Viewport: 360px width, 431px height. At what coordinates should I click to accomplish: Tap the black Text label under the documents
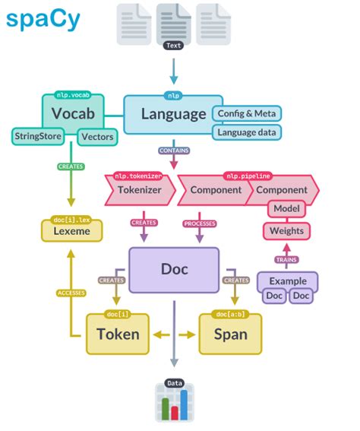[173, 46]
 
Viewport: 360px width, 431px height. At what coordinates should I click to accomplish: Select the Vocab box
[73, 113]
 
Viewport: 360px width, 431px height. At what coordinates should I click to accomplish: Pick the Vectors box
[97, 138]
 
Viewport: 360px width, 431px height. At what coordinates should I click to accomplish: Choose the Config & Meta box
[247, 113]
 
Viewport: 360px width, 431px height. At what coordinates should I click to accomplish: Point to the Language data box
[247, 132]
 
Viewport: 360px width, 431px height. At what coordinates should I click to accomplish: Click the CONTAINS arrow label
[173, 151]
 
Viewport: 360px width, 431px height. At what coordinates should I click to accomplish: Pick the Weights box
[287, 230]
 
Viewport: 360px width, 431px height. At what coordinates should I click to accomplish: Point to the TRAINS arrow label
[287, 258]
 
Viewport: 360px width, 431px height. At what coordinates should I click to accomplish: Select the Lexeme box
[71, 231]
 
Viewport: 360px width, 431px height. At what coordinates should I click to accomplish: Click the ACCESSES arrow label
[71, 292]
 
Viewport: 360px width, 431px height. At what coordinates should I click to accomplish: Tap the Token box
[117, 334]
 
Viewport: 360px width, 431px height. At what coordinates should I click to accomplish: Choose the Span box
[230, 334]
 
